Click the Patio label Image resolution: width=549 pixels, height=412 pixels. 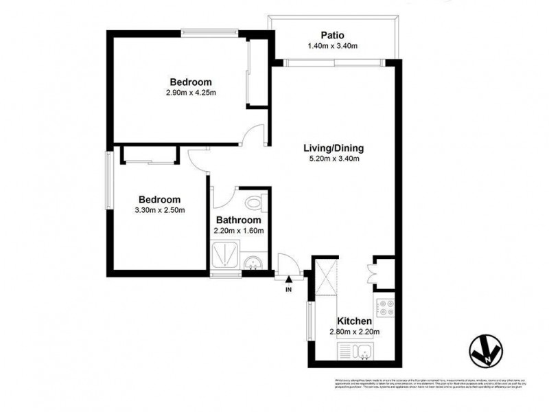332,35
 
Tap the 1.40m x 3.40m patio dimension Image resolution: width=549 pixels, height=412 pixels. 332,46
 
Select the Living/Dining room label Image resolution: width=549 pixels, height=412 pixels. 334,148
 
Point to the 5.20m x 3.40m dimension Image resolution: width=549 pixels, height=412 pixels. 334,159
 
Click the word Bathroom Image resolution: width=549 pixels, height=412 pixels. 237,220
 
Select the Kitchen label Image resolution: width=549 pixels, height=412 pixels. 354,321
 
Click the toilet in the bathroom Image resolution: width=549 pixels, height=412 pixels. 255,203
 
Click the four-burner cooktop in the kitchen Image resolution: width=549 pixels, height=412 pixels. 385,306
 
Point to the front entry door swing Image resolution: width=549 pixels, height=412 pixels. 287,264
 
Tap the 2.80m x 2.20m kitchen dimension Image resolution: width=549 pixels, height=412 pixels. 354,333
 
